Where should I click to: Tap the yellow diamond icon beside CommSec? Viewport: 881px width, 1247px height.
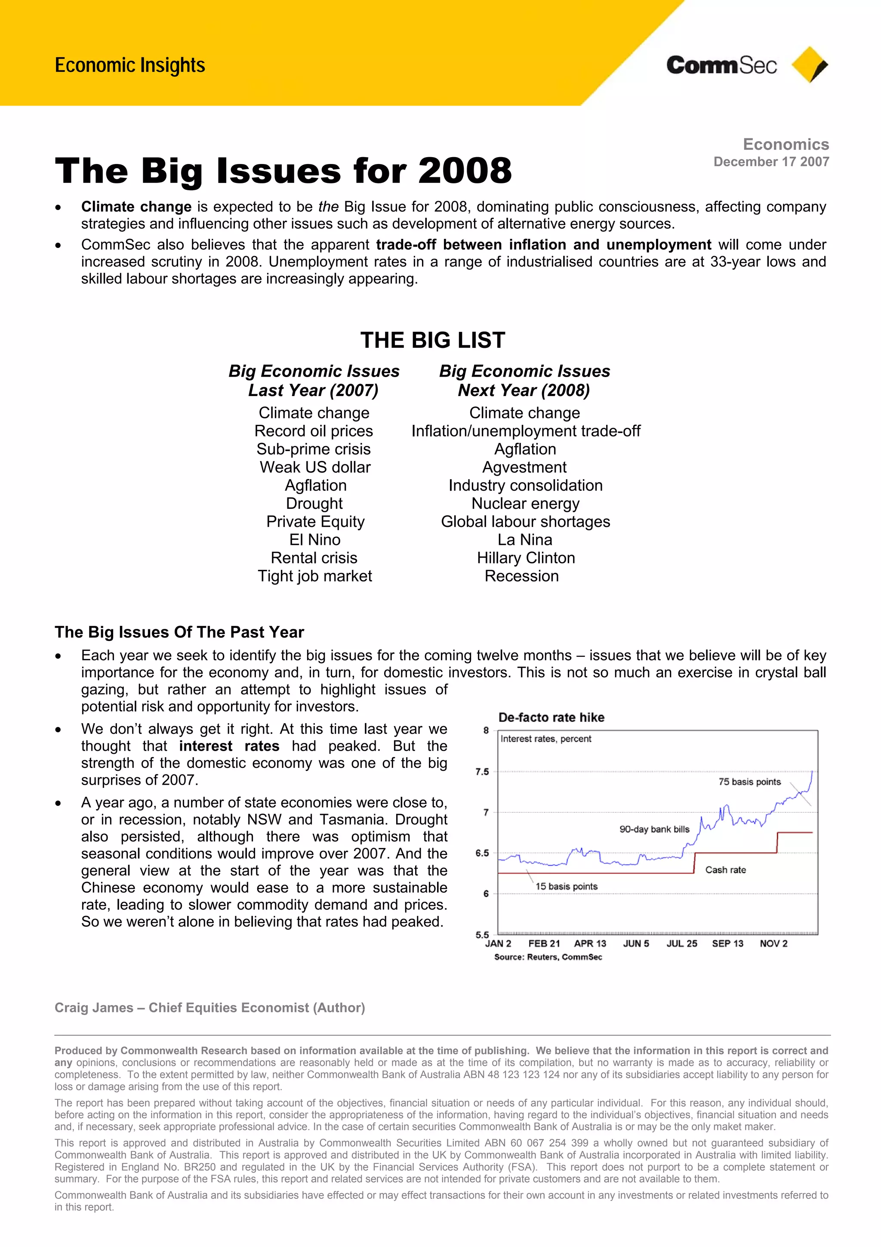809,65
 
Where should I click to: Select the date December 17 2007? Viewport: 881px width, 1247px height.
771,162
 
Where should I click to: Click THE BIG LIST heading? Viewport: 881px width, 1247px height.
433,340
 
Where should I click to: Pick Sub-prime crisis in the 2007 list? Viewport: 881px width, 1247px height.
313,449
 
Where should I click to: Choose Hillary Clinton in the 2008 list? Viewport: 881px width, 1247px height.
525,558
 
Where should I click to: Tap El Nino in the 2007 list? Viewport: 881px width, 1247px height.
314,540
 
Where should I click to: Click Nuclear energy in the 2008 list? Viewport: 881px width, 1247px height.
525,504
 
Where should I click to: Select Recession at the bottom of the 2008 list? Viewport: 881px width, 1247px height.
521,576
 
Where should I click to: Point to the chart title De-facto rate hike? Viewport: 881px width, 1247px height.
551,718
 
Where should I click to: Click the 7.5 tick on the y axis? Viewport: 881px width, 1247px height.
482,772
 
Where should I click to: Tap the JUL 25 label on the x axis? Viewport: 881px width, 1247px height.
682,944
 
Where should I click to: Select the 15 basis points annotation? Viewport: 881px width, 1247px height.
566,886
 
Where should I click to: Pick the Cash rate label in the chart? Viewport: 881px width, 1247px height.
725,870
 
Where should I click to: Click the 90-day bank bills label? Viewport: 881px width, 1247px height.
654,829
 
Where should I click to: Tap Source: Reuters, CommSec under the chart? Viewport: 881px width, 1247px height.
548,957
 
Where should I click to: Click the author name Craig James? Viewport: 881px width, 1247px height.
93,1008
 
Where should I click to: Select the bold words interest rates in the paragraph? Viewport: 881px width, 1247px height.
229,746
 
